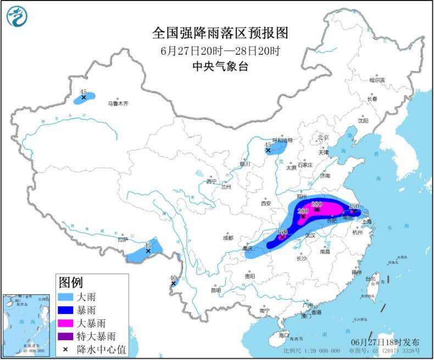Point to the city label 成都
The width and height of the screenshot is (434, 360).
[228, 238]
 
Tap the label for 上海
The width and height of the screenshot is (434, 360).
[366, 222]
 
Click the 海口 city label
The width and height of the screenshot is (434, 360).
[284, 334]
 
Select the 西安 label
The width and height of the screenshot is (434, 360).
[266, 203]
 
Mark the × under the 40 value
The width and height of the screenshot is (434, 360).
[174, 283]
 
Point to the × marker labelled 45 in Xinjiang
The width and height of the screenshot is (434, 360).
[84, 98]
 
